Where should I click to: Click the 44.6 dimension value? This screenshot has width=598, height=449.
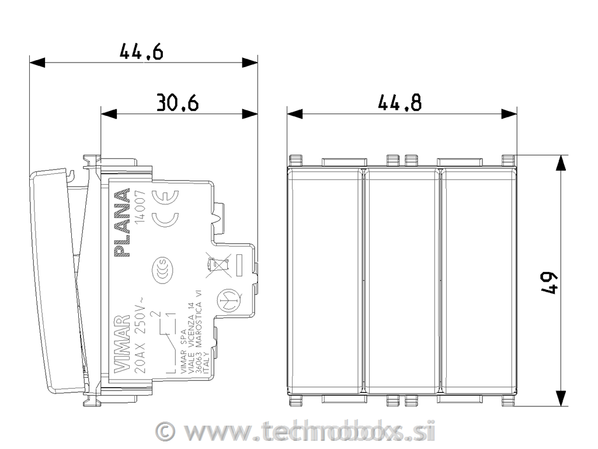click(141, 52)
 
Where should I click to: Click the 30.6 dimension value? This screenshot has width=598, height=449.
click(178, 103)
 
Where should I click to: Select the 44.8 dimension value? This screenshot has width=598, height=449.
click(399, 103)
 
